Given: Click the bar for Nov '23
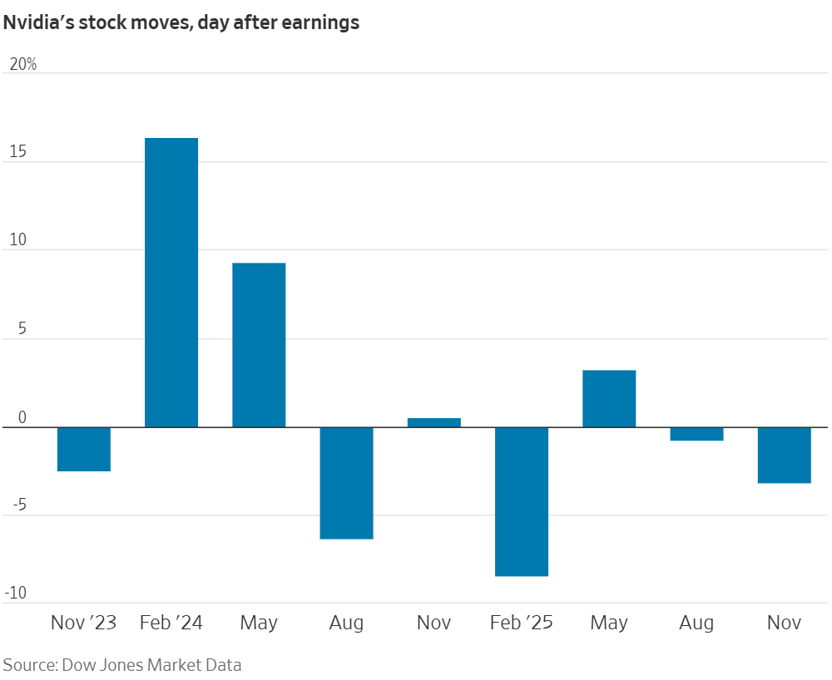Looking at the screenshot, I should point(84,449).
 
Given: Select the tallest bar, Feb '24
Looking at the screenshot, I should point(171,283).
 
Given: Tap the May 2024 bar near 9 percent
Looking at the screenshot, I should point(259,345).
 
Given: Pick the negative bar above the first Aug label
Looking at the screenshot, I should point(346,483).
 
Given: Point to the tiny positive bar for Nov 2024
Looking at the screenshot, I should point(433,422).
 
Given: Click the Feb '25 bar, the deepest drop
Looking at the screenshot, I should point(522,501).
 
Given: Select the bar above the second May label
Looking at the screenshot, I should point(609,398).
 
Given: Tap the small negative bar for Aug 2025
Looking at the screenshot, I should point(696,434).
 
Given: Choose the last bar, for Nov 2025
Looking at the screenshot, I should point(784,455).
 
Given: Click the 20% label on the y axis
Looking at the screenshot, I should point(22,64).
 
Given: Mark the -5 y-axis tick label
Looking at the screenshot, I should point(18,505).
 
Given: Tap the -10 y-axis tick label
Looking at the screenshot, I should point(18,593).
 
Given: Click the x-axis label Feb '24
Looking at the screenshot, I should point(171,623).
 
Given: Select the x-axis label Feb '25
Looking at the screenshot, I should point(522,623).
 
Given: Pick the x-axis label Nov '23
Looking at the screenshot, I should point(84,623).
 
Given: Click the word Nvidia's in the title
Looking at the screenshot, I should point(38,22).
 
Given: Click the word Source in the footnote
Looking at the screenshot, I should point(27,664).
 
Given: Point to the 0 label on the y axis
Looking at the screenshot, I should point(23,417).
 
